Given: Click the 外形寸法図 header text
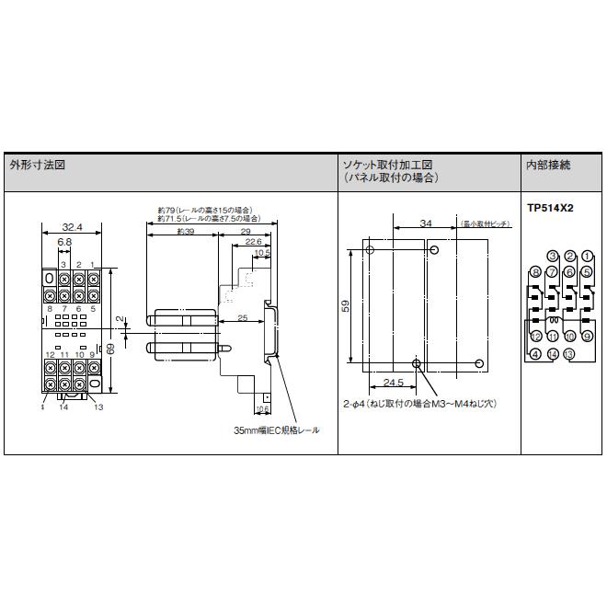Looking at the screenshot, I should click(38, 166).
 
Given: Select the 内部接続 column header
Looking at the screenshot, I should click(548, 166).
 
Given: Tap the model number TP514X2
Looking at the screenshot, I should click(550, 210).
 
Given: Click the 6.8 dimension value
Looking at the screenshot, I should click(64, 243).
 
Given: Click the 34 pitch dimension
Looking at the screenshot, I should click(425, 223).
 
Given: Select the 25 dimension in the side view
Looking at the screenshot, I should click(241, 317).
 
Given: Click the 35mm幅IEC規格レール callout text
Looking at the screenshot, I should click(276, 429).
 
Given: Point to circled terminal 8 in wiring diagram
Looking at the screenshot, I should click(536, 272).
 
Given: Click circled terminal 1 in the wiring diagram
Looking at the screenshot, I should click(587, 256).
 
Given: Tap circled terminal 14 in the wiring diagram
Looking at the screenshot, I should click(553, 354).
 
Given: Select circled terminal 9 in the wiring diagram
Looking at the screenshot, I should click(587, 338).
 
